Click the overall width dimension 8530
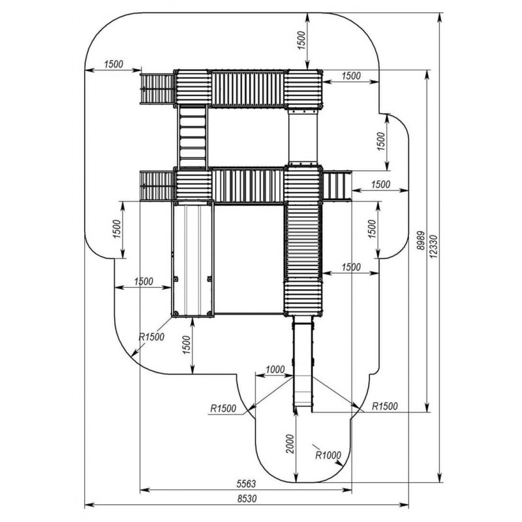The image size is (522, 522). point(247,498)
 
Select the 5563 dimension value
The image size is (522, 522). point(246,484)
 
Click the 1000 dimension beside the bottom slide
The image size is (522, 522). point(275,370)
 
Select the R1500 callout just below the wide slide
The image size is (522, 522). point(151,337)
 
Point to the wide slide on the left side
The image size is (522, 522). point(193,259)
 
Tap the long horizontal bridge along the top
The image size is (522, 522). point(247,87)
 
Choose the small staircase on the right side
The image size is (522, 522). point(337,186)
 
